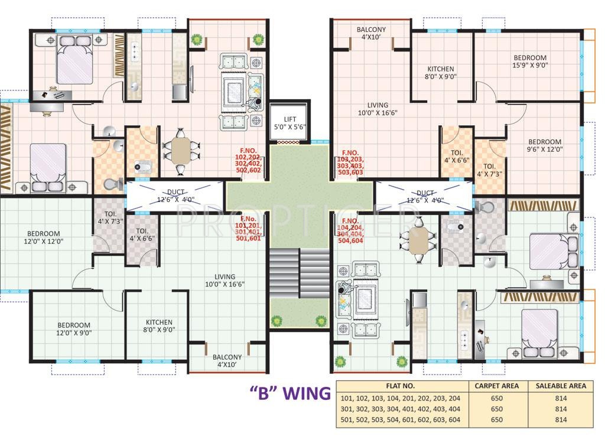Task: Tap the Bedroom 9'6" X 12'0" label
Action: point(545,145)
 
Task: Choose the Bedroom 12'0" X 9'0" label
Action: point(74,329)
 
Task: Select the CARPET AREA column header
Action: point(497,386)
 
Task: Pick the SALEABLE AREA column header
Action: point(561,386)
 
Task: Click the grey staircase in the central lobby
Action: point(299,272)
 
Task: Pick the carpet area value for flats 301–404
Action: point(497,409)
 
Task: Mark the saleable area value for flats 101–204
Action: point(561,398)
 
